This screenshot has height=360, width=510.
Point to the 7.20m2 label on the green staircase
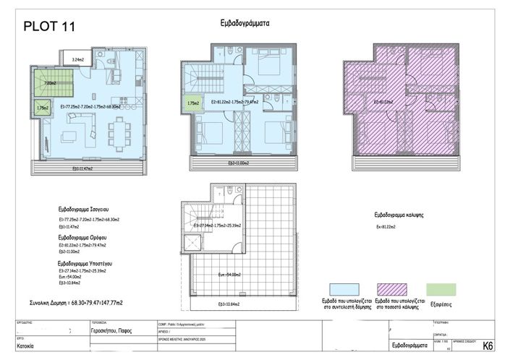pos(50,83)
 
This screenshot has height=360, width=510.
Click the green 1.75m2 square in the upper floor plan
pos(193,104)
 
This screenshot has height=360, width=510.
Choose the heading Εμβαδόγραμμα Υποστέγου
pos(89,265)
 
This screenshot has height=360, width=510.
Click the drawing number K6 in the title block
pos(488,346)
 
